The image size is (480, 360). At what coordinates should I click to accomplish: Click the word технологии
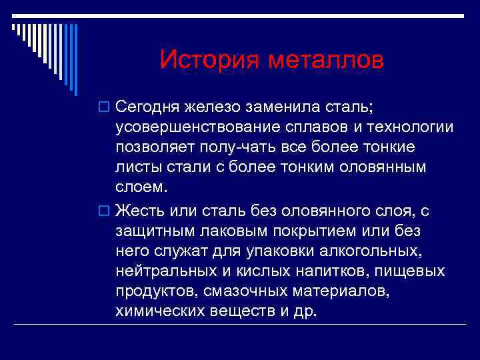404,127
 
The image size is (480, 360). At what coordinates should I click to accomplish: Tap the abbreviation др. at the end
304,312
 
